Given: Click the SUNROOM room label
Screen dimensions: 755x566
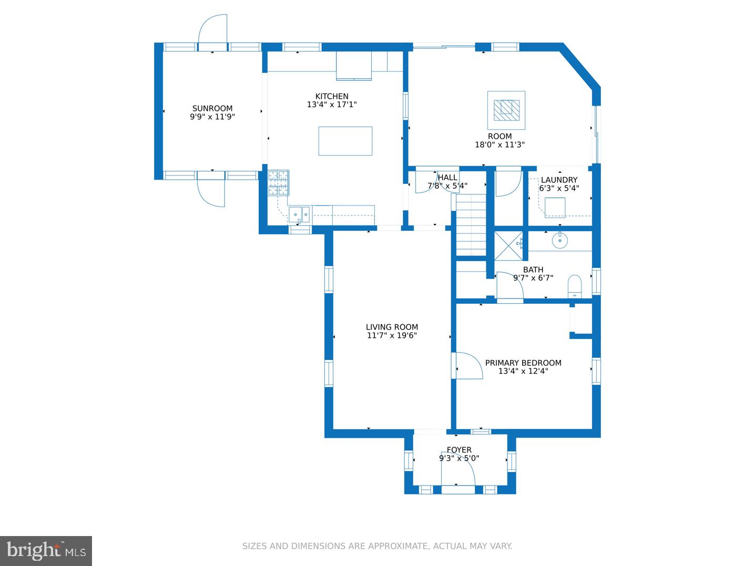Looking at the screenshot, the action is click(212, 108).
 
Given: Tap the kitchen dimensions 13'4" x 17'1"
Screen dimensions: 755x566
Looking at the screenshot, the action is click(332, 105).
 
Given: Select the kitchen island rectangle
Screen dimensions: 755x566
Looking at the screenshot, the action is click(345, 141).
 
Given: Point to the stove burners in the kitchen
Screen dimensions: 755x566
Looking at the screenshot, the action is click(278, 183).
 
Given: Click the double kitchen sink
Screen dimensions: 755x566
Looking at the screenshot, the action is click(299, 215).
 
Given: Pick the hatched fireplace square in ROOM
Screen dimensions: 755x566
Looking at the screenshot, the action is click(506, 110).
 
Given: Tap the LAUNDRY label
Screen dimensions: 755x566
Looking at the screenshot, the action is click(559, 180).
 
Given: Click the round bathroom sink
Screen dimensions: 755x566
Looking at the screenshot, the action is click(559, 241).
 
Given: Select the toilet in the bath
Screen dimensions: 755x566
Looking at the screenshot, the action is click(574, 286).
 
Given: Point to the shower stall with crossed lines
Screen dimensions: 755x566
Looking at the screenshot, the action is click(508, 246).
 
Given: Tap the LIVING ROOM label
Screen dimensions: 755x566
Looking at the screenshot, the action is click(392, 327).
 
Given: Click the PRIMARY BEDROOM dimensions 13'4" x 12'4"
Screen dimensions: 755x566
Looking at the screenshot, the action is click(523, 371).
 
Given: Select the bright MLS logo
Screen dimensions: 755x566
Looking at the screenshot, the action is click(46, 551).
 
